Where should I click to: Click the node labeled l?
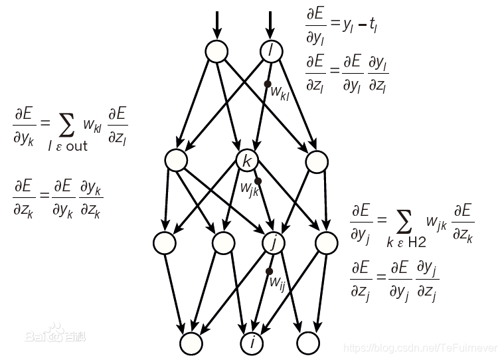click(x=270, y=50)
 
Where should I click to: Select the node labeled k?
click(x=247, y=160)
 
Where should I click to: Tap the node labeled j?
click(x=273, y=243)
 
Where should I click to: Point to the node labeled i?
click(x=252, y=343)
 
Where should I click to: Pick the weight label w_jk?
click(x=249, y=190)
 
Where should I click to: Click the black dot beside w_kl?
click(x=268, y=84)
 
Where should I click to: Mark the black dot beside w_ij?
click(x=270, y=271)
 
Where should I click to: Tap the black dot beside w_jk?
click(x=258, y=181)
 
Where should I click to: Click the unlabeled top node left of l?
click(x=216, y=50)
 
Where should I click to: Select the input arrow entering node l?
click(x=270, y=24)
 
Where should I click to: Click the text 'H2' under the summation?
click(x=417, y=243)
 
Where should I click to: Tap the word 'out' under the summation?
click(x=76, y=146)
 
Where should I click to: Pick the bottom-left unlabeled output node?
click(x=192, y=343)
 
